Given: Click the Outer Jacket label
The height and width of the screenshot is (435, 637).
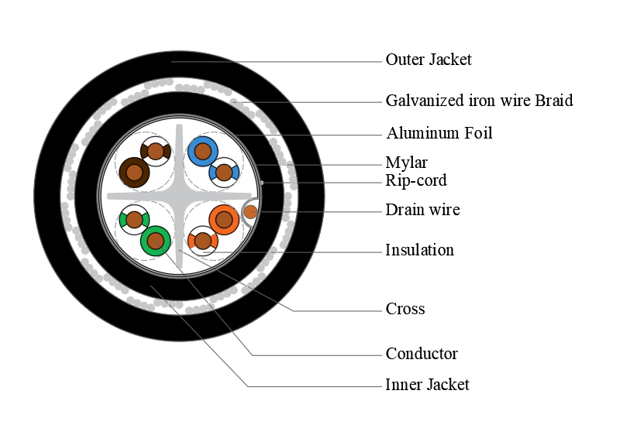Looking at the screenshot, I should tap(429, 60).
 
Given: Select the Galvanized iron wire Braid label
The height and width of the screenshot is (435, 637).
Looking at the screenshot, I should tap(479, 101).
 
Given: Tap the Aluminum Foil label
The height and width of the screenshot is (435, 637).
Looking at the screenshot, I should tap(439, 133).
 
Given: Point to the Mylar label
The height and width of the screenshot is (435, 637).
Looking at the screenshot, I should tap(406, 163).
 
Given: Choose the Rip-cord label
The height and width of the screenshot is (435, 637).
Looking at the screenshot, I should tap(415, 181).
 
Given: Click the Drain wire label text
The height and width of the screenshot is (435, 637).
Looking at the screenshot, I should tap(422, 210).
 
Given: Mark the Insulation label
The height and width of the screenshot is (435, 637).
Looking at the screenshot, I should tap(419, 250).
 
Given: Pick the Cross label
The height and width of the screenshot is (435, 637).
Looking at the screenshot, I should tap(405, 309).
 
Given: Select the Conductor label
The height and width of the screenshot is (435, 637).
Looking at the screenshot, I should tap(422, 354).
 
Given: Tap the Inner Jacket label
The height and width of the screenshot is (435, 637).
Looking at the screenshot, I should tap(427, 385).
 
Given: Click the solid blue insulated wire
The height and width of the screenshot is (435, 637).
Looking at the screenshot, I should tap(203, 151).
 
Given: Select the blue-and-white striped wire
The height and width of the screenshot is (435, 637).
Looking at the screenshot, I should tap(224, 172).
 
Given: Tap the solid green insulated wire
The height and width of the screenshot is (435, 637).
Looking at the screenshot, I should tap(155, 241).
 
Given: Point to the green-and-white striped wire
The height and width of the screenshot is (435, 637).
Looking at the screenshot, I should tap(134, 220).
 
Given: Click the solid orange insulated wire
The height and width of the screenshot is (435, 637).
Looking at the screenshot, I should tap(224, 220).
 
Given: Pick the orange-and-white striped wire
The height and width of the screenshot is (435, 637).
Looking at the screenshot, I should tap(202, 241).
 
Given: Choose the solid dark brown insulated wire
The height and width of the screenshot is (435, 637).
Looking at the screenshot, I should tap(134, 172).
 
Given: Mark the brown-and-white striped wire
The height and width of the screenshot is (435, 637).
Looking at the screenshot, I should tap(156, 151).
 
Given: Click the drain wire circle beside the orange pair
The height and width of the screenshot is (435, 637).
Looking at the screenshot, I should tap(250, 211).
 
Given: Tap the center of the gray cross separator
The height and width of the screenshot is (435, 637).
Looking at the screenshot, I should tap(179, 196).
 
